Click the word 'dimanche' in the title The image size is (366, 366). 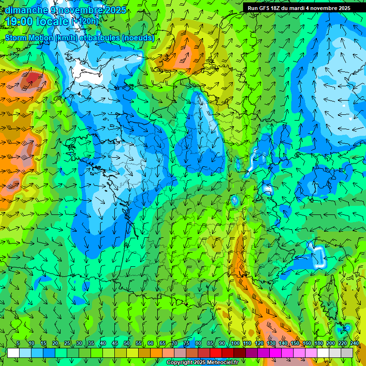tap(26, 10)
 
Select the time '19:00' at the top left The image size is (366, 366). tap(21, 21)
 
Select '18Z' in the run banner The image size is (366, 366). tap(280, 8)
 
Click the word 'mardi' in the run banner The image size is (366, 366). tap(304, 8)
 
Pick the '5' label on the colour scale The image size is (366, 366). tap(18, 343)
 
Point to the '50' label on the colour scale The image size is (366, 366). tap(127, 343)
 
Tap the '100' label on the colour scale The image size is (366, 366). tap(235, 343)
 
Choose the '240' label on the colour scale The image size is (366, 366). tap(354, 343)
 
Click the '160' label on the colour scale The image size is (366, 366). tap(306, 343)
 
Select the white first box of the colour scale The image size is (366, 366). tap(13, 353)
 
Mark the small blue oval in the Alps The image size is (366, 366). tap(234, 200)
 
